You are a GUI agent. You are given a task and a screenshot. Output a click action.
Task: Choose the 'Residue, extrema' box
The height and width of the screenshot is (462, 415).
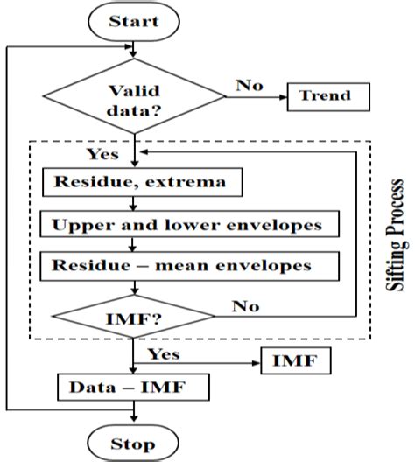pos(139,183)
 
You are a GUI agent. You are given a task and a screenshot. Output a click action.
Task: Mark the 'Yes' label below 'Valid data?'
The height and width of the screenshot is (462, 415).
pos(103,153)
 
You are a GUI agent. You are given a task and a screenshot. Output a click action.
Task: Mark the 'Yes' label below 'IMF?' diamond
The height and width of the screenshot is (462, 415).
pos(164,354)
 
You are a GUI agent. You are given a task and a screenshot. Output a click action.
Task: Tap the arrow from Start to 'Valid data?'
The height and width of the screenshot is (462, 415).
pos(132,47)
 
